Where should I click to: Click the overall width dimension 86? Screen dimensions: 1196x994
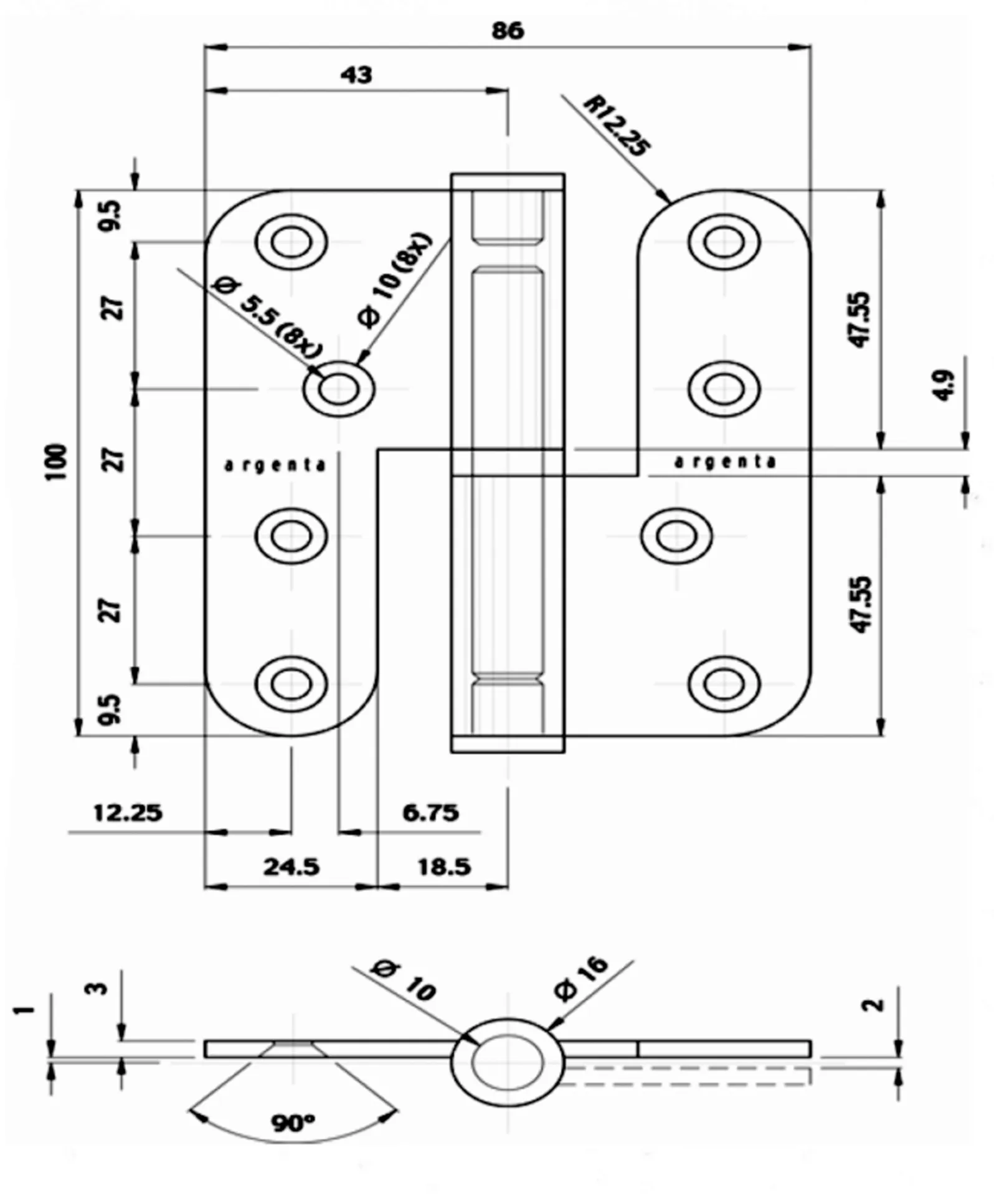click(508, 30)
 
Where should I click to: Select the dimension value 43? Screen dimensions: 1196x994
click(356, 75)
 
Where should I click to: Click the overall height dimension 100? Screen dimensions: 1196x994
click(55, 462)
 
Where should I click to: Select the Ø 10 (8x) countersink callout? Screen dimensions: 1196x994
click(395, 280)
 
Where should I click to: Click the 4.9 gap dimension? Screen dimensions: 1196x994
click(945, 386)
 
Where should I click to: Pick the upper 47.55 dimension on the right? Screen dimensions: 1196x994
click(862, 319)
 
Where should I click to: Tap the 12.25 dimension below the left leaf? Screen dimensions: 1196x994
click(128, 813)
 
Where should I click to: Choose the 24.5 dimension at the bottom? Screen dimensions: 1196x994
click(291, 867)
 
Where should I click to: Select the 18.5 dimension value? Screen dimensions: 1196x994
click(443, 867)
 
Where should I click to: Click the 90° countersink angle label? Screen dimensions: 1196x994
click(293, 1123)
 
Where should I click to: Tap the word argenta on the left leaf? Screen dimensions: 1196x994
click(275, 465)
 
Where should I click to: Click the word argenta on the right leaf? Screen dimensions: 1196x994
click(726, 462)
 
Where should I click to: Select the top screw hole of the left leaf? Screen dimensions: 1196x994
click(291, 242)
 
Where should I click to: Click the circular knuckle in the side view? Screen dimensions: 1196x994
click(508, 1063)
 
